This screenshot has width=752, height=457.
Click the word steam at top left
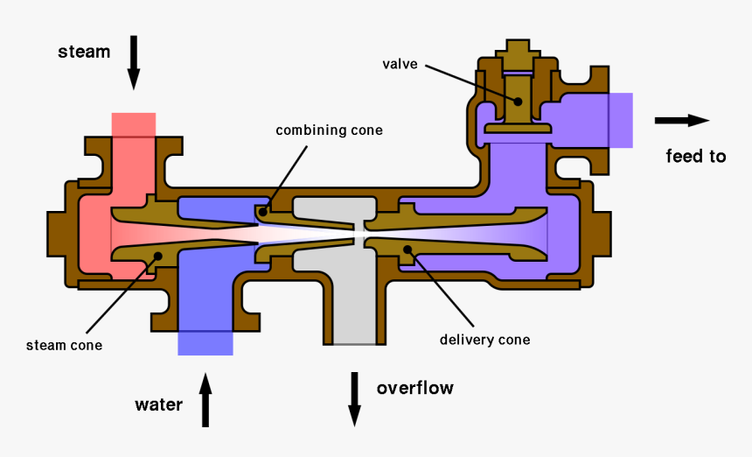pos(84,52)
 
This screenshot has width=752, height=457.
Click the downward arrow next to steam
pos(134,62)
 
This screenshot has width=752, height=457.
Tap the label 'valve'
pos(400,64)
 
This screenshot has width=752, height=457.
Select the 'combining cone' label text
pos(330,130)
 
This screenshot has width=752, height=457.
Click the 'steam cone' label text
pos(64,345)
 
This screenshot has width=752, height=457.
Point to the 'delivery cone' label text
pos(484,340)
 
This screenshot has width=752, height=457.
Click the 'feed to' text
pos(695,157)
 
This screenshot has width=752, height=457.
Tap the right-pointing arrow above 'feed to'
pos(681,121)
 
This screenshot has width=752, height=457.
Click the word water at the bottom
pos(158,404)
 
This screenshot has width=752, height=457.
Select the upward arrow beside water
pos(205,399)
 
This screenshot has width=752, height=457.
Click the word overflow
pos(414,387)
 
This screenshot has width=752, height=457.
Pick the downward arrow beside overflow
pos(355,398)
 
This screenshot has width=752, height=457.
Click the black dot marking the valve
pos(518,101)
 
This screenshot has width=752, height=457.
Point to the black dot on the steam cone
pos(157,256)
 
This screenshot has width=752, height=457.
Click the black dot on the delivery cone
pos(407,250)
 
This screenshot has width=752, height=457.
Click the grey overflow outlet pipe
pos(355,315)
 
